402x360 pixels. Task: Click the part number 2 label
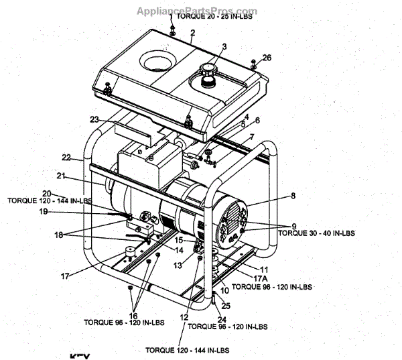tap(192, 33)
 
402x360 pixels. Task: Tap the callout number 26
tap(267, 58)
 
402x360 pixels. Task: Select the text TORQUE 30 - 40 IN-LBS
tap(316, 233)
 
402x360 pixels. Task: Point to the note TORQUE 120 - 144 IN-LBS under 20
tap(48, 200)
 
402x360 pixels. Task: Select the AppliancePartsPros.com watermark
tap(197, 11)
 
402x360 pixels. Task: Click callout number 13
tap(178, 266)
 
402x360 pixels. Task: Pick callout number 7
tap(251, 137)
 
